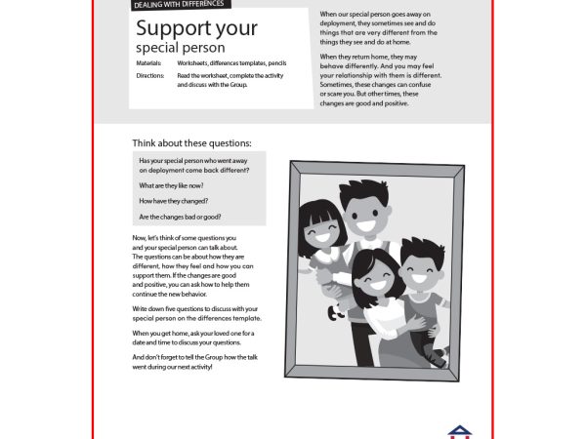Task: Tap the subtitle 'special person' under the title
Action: click(x=181, y=47)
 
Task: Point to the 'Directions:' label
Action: click(x=150, y=75)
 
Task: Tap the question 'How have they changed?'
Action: click(x=174, y=201)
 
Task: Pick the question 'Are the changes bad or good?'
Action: click(x=180, y=217)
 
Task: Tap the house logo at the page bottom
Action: click(x=458, y=430)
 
